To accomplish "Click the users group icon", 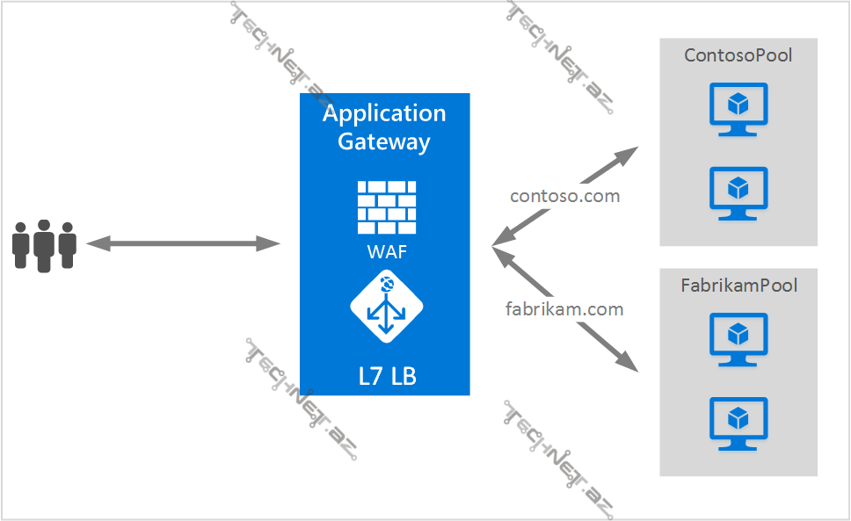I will (44, 245).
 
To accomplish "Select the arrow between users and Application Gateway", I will (183, 243).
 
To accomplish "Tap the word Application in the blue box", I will (384, 113).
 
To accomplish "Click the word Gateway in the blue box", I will (384, 141).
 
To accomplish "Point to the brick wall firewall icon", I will (387, 207).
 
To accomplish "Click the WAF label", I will (387, 252).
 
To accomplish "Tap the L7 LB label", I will (387, 377).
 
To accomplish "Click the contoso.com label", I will (565, 196).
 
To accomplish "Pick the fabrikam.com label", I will (564, 309).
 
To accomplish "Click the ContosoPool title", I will (738, 55).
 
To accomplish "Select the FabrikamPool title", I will (738, 286).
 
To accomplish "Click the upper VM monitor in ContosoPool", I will (738, 109).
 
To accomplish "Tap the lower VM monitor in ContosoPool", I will (738, 192).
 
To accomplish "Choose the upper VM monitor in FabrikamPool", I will (738, 339).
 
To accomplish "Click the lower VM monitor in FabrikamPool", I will (738, 423).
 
